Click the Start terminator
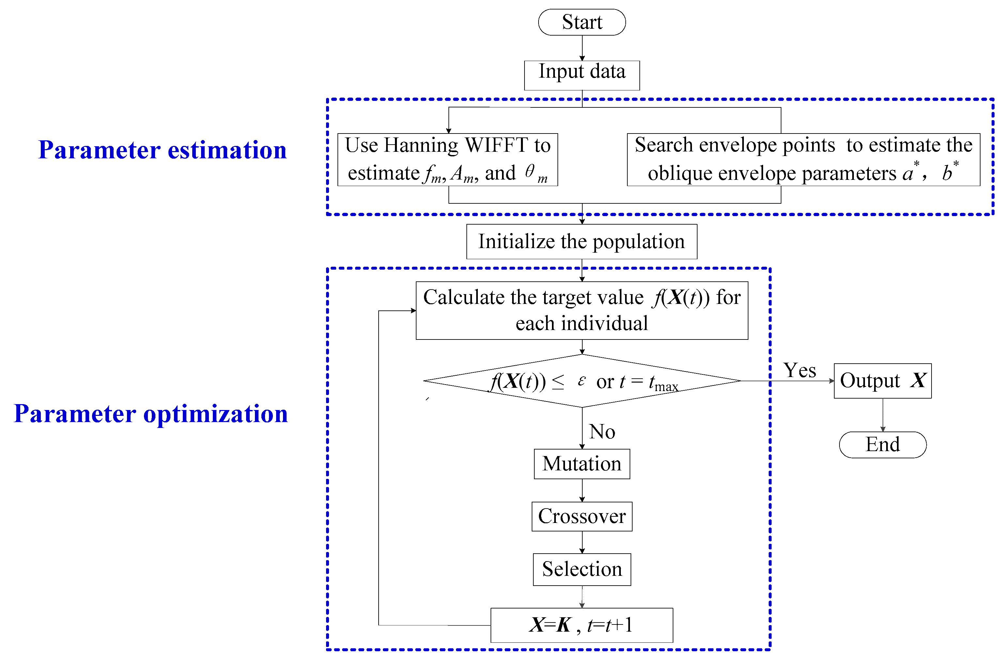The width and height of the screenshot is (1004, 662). (x=582, y=22)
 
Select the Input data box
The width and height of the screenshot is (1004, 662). (x=582, y=75)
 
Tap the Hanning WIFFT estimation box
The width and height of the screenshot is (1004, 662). (x=447, y=159)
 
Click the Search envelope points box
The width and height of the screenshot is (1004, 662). (x=803, y=159)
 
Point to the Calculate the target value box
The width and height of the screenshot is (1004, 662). (x=582, y=310)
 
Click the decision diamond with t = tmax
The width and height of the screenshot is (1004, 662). (x=582, y=381)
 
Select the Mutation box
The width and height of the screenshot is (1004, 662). (x=582, y=464)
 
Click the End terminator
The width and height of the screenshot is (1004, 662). (x=883, y=445)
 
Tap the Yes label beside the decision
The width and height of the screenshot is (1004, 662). (x=799, y=370)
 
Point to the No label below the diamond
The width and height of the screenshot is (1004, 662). (x=602, y=432)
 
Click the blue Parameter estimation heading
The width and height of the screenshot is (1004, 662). (x=163, y=150)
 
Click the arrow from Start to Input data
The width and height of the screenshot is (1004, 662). (x=582, y=48)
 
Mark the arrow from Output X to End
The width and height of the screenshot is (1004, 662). (x=883, y=415)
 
